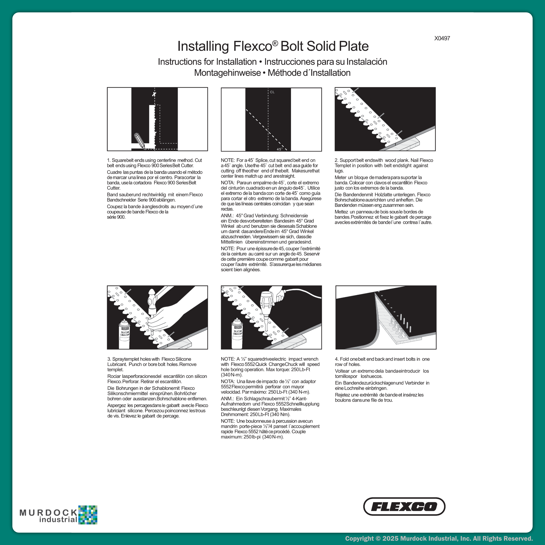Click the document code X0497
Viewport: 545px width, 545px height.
click(x=442, y=38)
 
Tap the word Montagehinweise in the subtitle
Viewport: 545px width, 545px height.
click(x=227, y=73)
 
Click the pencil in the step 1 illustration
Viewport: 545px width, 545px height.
click(x=140, y=141)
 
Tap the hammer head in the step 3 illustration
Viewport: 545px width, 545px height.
click(x=152, y=295)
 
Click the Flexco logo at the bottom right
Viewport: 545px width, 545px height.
click(x=404, y=507)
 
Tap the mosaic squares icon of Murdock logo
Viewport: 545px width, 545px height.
click(x=88, y=515)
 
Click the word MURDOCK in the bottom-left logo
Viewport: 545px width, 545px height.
click(x=48, y=513)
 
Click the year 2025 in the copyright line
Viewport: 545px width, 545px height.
click(x=390, y=538)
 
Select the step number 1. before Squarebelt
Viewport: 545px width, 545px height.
click(x=109, y=160)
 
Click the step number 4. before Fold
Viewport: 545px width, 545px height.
click(x=337, y=359)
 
